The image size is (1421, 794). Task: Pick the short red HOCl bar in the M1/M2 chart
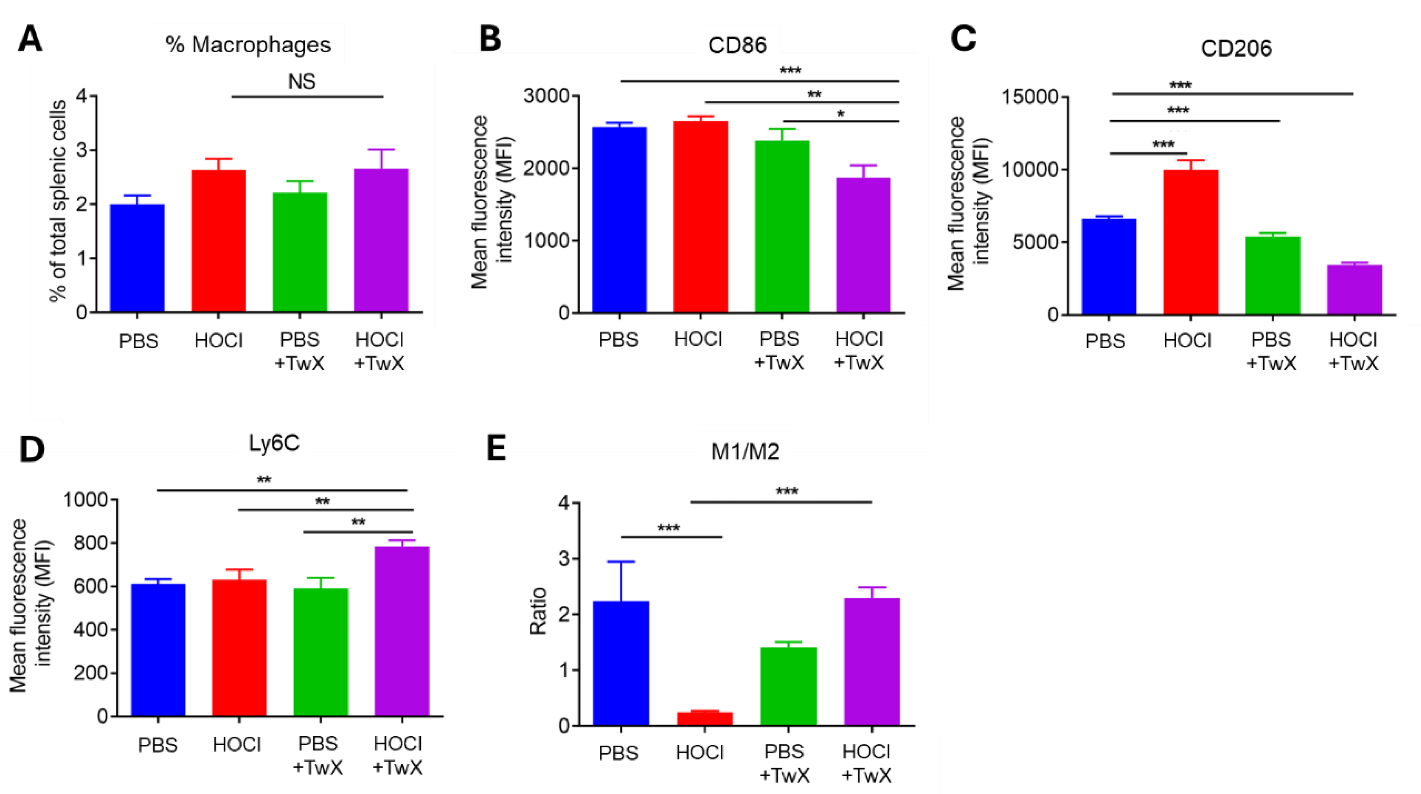tap(704, 718)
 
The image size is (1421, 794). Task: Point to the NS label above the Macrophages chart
tap(302, 82)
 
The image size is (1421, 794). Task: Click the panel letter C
tap(963, 39)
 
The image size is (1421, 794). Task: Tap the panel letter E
tap(496, 448)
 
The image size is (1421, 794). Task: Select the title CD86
tap(737, 45)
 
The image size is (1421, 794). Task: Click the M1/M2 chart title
tap(745, 452)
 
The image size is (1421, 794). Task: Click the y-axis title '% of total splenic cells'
tap(58, 201)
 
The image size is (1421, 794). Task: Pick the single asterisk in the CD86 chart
tap(840, 115)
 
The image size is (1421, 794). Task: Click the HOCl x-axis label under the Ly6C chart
tap(237, 745)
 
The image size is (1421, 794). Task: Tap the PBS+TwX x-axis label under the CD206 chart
tap(1271, 351)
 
